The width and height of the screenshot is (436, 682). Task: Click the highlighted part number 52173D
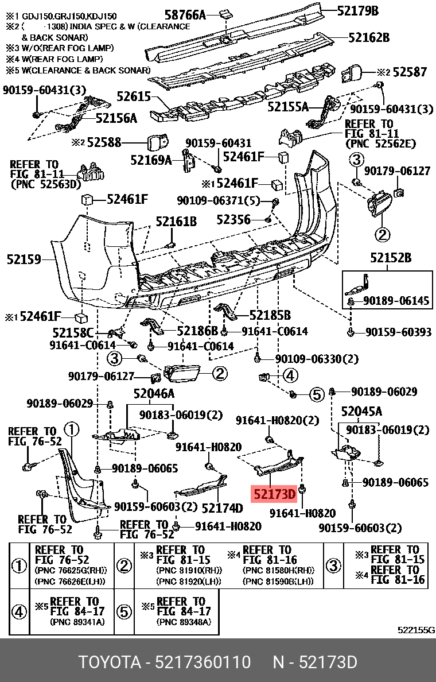point(272,494)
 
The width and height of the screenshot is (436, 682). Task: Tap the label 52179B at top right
point(358,10)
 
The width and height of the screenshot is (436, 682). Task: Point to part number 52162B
point(368,38)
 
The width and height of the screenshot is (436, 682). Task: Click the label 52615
point(134,97)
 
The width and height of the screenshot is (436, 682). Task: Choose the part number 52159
point(24,259)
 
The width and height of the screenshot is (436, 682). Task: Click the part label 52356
point(233,219)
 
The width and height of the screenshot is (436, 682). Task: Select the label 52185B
point(270,315)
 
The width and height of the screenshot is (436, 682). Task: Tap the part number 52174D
point(222,508)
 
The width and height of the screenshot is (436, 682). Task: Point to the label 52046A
point(154,394)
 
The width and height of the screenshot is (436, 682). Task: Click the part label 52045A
point(361,411)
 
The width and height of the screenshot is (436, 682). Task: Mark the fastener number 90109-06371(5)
point(219,200)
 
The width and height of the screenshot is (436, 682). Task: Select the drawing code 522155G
point(416,630)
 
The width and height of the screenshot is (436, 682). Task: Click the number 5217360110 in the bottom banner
point(203,662)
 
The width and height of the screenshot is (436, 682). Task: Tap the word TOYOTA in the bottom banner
point(110,662)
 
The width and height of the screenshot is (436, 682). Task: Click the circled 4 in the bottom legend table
point(20,612)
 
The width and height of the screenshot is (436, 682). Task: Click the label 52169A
point(151,160)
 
